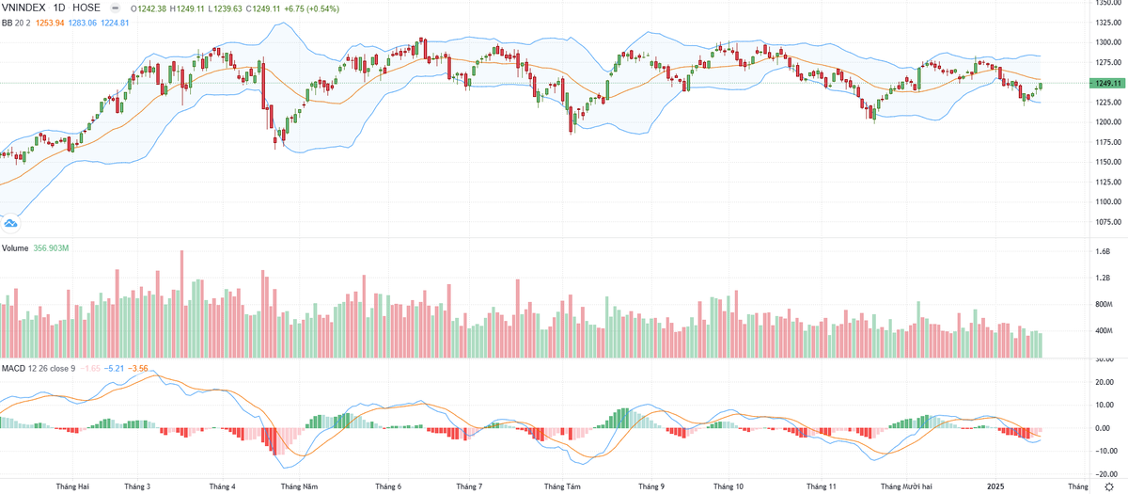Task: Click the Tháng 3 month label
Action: click(137, 486)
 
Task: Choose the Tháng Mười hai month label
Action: click(906, 486)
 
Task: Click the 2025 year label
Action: click(997, 486)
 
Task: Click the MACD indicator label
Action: click(13, 367)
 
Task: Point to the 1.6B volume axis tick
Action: click(1104, 252)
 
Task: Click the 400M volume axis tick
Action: click(1104, 331)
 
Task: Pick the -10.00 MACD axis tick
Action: click(1104, 451)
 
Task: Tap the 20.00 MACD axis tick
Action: click(1104, 382)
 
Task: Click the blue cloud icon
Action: click(10, 223)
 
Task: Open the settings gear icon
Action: click(1108, 486)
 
